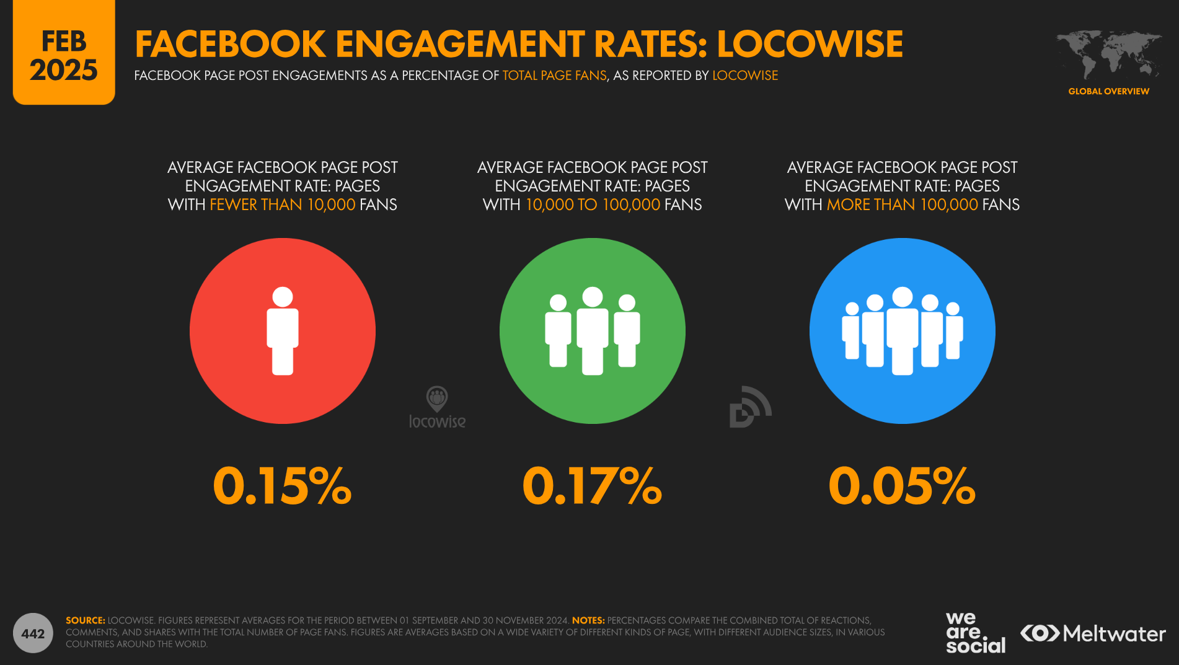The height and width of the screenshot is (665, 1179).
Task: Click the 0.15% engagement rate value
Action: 282,486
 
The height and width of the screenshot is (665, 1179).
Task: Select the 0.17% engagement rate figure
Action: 592,486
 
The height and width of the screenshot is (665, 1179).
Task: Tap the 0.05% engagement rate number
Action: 902,486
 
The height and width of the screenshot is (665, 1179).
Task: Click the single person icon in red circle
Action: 283,331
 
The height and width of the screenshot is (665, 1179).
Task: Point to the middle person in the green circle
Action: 593,331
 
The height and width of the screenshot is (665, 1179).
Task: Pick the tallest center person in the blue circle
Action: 903,331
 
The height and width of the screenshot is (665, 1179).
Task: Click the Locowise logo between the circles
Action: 437,408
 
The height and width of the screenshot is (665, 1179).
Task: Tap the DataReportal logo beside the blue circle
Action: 750,407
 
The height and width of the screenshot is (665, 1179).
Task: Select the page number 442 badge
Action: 33,633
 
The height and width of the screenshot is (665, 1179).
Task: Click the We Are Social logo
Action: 975,633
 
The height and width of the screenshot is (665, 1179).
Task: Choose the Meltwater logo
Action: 1093,633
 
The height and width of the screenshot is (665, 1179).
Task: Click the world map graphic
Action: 1108,55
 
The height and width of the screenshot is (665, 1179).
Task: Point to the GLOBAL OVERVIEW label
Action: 1108,91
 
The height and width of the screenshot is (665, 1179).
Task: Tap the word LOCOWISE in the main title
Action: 810,44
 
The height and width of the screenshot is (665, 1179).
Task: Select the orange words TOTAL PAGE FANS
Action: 554,76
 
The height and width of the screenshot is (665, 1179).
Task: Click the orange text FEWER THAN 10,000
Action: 282,205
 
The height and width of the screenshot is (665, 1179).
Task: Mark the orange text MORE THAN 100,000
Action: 902,205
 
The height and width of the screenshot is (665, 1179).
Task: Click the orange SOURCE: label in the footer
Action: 86,620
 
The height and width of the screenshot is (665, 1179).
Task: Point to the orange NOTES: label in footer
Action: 588,620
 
